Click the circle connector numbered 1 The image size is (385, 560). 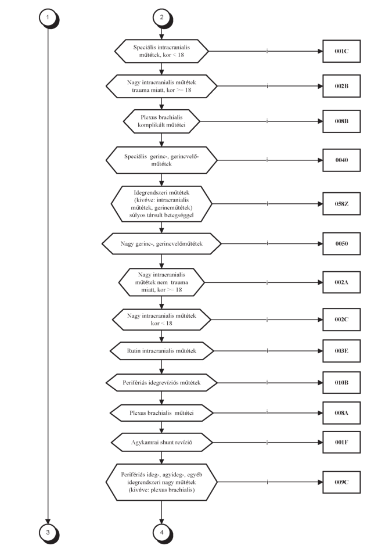coord(48,17)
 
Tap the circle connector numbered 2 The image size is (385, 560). coord(162,17)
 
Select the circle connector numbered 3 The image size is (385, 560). coord(48,533)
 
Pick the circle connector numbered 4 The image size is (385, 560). coord(162,533)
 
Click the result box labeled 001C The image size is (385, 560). coord(341,51)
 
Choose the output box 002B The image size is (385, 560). coord(341,86)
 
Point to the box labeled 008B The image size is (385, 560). coord(341,121)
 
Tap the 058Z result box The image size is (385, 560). coord(341,204)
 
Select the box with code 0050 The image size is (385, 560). coord(341,243)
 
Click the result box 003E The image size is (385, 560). coord(341,351)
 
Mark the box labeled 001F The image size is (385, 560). coord(341,442)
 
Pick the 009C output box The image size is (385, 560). coord(341,482)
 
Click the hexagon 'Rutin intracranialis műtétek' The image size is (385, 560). coord(161,351)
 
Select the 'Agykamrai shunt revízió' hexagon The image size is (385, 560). coord(161,442)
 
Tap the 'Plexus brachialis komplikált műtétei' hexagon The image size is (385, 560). coord(161,121)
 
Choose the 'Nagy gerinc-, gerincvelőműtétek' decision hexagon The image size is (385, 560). coord(161,243)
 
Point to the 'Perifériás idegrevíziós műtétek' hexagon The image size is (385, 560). coord(161,382)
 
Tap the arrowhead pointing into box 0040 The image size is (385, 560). coord(321,160)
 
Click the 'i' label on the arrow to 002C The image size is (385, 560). coord(267,320)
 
